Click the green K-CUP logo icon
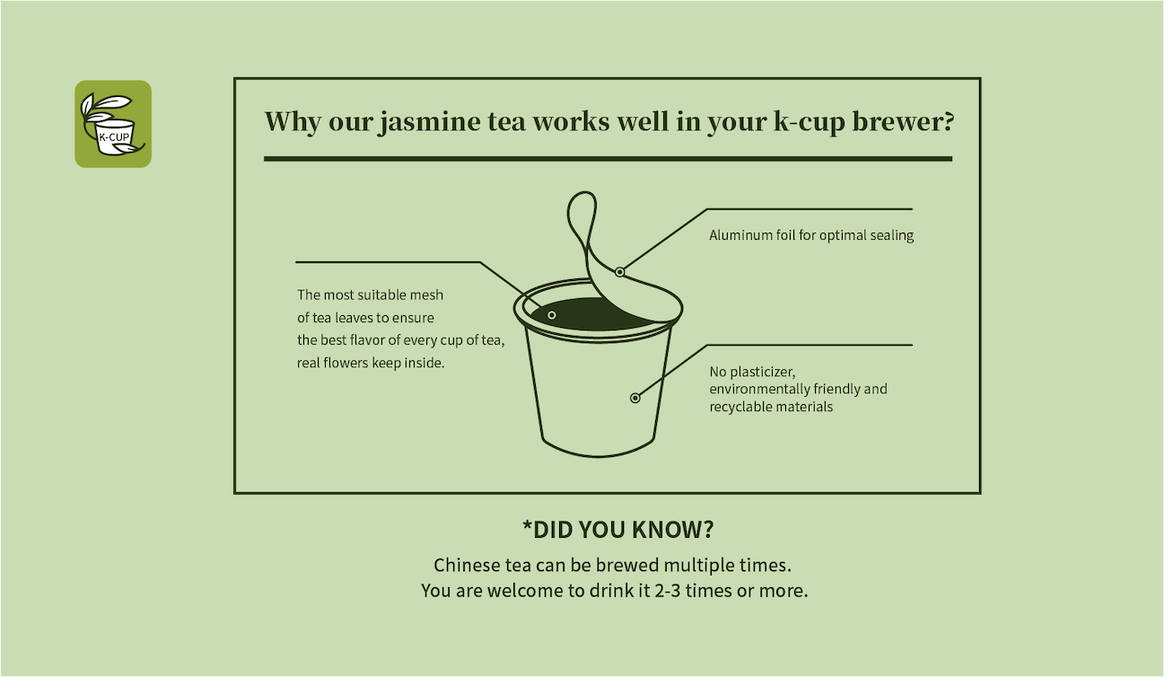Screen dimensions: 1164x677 (x=113, y=124)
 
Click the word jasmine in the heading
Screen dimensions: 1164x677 (x=429, y=123)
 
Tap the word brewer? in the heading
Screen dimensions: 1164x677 (x=903, y=121)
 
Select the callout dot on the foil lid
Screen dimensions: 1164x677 (x=619, y=272)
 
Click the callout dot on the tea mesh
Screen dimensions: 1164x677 (x=552, y=315)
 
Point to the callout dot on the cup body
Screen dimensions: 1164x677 (x=635, y=398)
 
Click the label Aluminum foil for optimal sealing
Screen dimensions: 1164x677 (x=811, y=235)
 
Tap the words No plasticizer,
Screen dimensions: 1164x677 (x=752, y=372)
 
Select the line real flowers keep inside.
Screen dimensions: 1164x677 (x=371, y=363)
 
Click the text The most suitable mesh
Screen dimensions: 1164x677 (x=370, y=295)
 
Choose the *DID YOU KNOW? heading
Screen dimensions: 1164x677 (x=617, y=530)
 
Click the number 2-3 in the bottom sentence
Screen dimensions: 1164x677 (x=667, y=591)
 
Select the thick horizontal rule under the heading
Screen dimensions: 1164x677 (x=608, y=159)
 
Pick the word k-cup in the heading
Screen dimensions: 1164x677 (x=810, y=123)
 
